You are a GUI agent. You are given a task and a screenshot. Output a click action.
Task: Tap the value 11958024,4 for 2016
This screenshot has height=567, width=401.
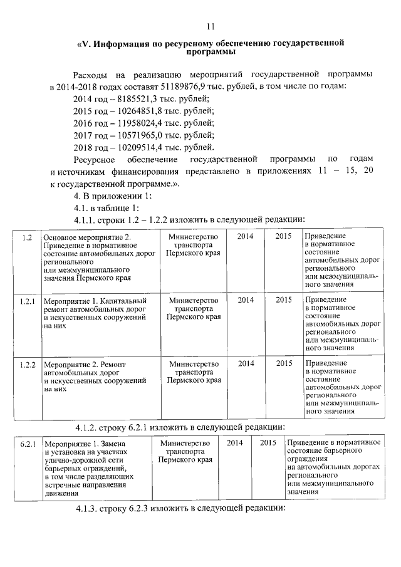point(134,123)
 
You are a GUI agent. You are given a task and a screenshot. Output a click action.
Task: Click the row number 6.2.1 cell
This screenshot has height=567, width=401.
point(27,444)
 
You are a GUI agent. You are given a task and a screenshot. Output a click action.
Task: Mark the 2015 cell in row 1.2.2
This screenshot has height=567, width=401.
point(284,363)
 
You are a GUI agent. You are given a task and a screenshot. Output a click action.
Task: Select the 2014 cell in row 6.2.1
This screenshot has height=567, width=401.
point(235,443)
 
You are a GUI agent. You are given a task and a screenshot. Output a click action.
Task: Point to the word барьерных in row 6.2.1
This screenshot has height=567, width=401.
point(69,468)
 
